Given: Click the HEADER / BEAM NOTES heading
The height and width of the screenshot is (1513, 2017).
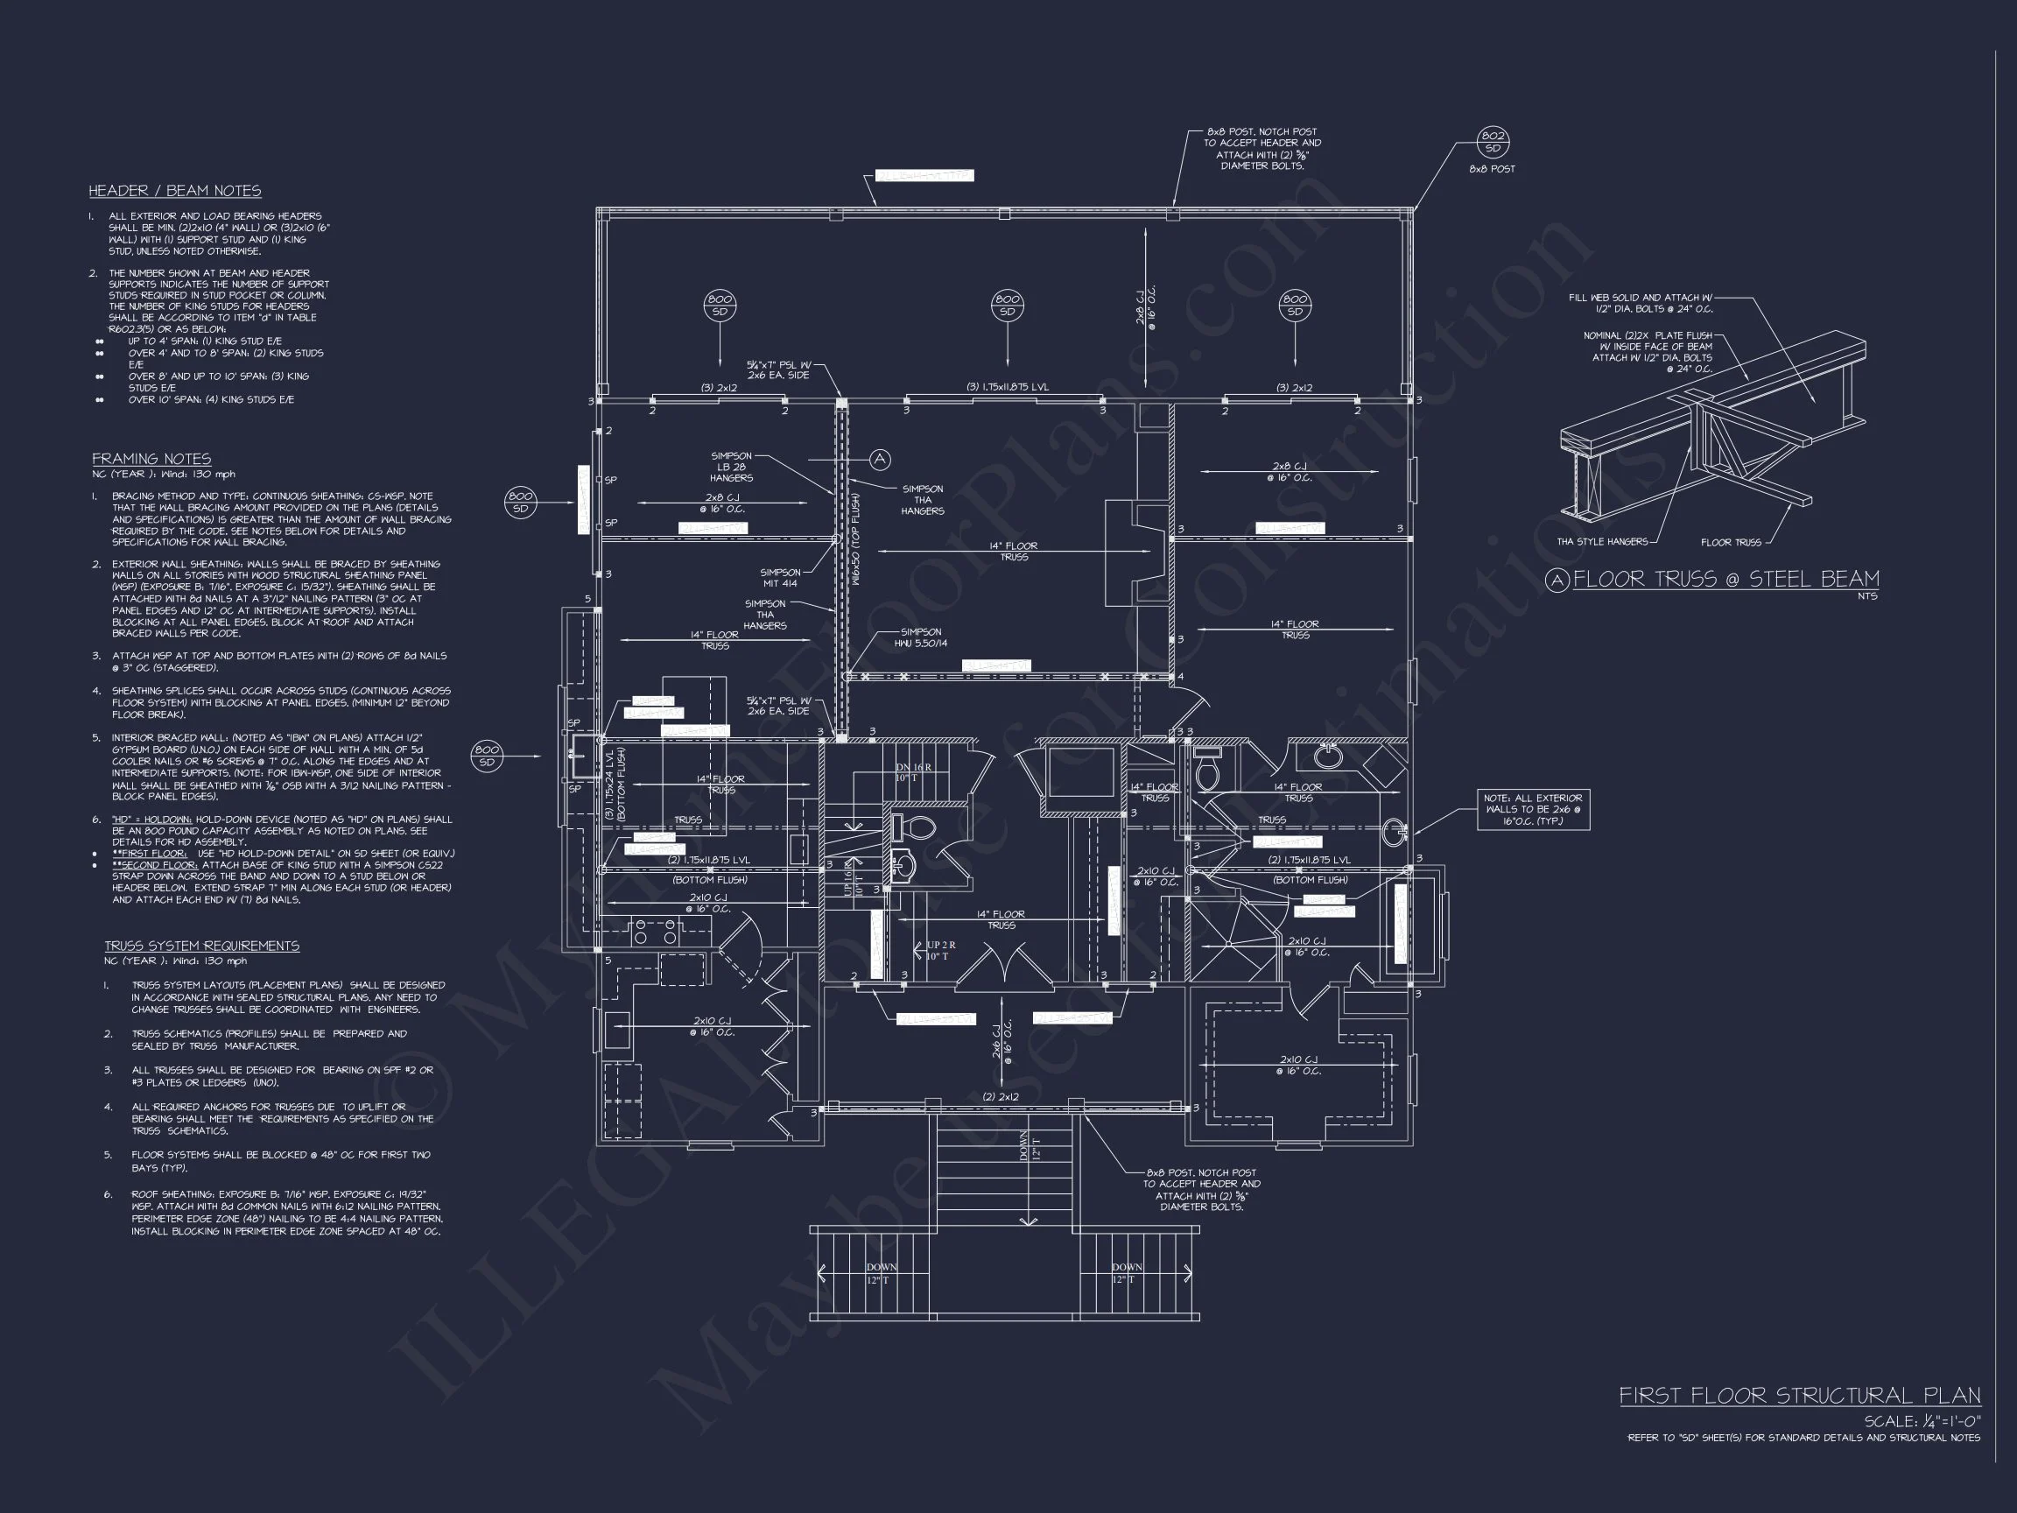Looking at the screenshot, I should click(x=174, y=191).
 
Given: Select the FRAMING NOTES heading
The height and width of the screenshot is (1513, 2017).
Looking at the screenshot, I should click(x=151, y=459).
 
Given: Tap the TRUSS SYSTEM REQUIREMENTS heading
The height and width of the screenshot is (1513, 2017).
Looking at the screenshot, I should click(x=201, y=946).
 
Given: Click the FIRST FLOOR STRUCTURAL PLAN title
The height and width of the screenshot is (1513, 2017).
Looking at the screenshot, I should click(x=1799, y=1396).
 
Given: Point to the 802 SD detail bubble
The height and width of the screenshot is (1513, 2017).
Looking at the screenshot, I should click(x=1493, y=142).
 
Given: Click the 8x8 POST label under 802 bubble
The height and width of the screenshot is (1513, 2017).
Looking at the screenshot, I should click(x=1492, y=170).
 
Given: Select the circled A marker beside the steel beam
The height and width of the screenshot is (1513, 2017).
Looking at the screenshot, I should click(x=880, y=460).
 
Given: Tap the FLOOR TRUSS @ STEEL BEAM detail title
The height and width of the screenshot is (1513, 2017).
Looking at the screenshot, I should click(x=1725, y=578).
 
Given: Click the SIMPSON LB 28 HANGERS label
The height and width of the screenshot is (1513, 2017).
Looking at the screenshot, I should click(x=731, y=467).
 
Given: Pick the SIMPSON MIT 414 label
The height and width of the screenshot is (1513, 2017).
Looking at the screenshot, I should click(x=780, y=578).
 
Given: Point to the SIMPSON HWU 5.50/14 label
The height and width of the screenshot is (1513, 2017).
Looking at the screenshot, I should click(x=920, y=637).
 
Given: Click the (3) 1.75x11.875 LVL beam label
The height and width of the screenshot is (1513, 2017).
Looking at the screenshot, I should click(x=1007, y=387).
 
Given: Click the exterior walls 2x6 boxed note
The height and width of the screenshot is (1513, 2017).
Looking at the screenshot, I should click(x=1533, y=810).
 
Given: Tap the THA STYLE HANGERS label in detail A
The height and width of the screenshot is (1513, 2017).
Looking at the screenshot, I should click(x=1601, y=542).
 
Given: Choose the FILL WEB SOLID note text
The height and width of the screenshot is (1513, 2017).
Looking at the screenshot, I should click(x=1640, y=303).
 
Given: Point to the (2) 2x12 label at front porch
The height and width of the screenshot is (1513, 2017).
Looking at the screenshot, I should click(x=1001, y=1097).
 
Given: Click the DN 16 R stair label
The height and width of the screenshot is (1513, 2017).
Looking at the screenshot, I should click(x=913, y=772).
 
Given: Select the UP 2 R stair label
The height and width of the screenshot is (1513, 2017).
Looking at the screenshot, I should click(x=940, y=950).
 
